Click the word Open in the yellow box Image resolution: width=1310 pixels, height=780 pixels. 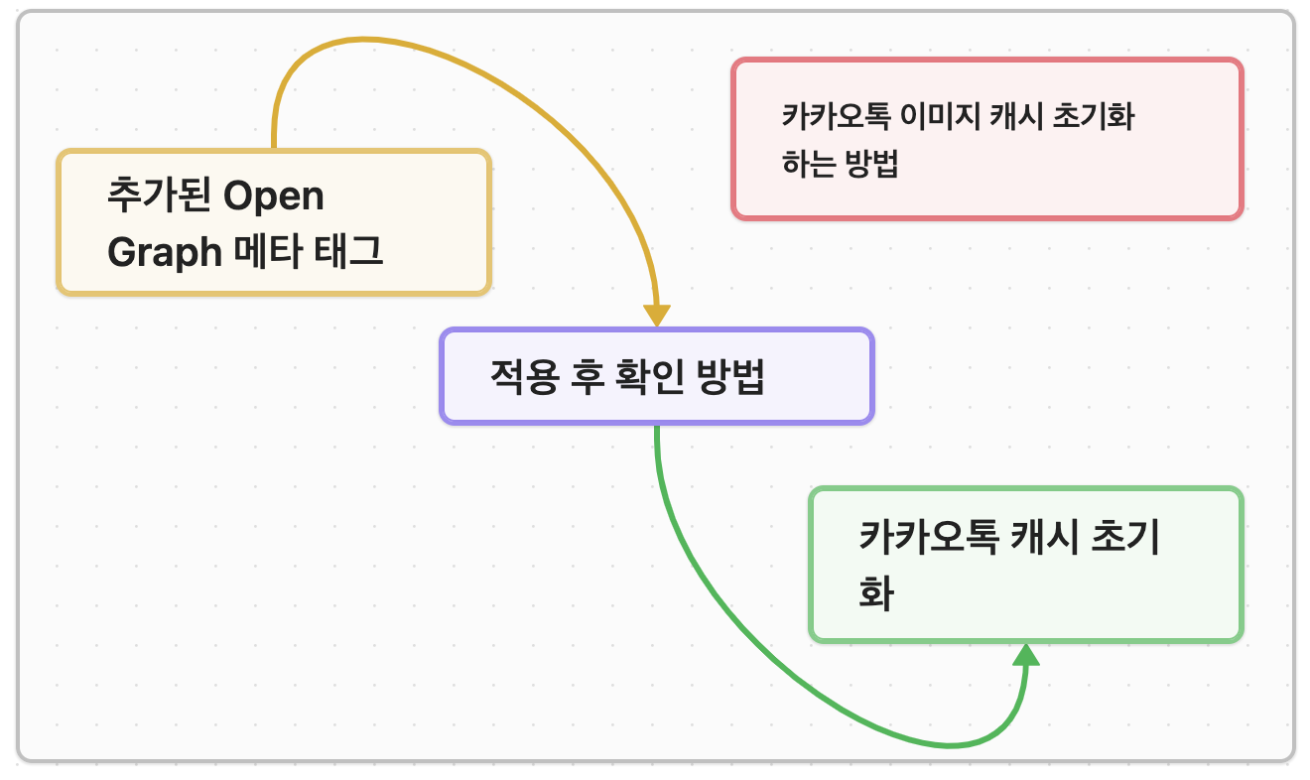[274, 196]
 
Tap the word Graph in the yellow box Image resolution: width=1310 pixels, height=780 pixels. [164, 253]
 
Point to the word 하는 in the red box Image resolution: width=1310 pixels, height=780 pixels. [808, 164]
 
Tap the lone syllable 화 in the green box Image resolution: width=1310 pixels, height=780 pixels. [876, 594]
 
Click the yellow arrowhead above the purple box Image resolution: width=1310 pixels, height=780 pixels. [657, 315]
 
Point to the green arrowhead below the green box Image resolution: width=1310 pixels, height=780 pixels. [1026, 655]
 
